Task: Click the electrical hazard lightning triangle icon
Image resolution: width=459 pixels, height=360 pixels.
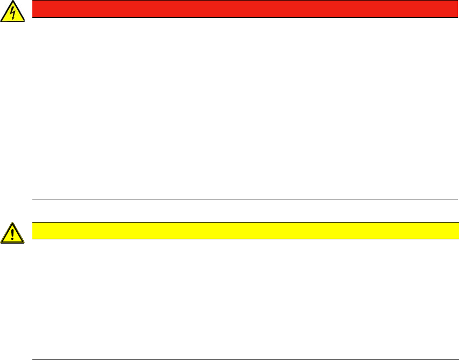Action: click(x=12, y=12)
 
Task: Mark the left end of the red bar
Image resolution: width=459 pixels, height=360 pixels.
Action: click(x=33, y=9)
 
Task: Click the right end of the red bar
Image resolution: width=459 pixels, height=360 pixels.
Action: click(x=457, y=9)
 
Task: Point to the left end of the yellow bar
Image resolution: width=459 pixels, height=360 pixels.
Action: click(x=33, y=231)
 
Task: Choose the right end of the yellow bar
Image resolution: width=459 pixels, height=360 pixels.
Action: click(x=457, y=231)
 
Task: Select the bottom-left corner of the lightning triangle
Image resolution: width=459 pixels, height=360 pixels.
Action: click(x=2, y=20)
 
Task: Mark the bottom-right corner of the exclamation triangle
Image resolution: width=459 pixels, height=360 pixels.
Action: click(x=23, y=243)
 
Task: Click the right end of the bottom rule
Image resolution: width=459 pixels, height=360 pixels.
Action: click(x=457, y=359)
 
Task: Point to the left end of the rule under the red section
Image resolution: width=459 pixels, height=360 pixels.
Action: click(x=33, y=199)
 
